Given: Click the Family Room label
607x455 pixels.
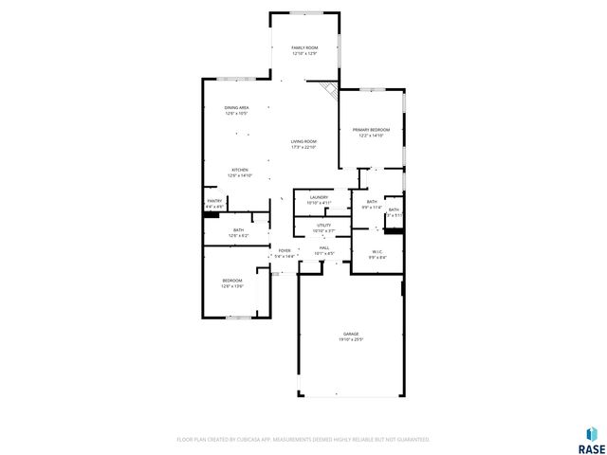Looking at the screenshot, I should coord(303,47).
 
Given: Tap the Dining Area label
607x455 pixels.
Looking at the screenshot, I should coord(236,108).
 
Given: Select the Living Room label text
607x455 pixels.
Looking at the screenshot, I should coord(303,141).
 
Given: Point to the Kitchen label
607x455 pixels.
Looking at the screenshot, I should coord(238,170).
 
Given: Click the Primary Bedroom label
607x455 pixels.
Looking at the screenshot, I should coord(369,130).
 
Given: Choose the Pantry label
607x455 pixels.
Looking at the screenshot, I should coord(214,201).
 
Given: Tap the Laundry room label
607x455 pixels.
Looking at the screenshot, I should coord(318,197).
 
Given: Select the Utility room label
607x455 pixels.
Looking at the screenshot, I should coord(323,225).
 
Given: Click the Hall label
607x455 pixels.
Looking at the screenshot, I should coord(324,246).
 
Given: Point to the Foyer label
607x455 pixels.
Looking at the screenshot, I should coord(285,250).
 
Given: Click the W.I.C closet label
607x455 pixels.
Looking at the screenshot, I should coord(377,251).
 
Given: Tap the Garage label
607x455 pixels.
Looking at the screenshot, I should coord(351,335).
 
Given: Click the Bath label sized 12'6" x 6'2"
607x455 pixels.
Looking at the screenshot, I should coord(238,230).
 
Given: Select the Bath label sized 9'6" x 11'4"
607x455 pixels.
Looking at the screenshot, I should coord(371,202).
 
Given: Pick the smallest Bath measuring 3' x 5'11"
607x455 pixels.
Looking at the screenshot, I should coord(394,210).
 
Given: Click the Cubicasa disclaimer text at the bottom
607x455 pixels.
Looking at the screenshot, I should coord(303,440).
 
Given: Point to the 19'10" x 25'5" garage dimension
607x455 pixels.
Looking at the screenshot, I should coord(351,338).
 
